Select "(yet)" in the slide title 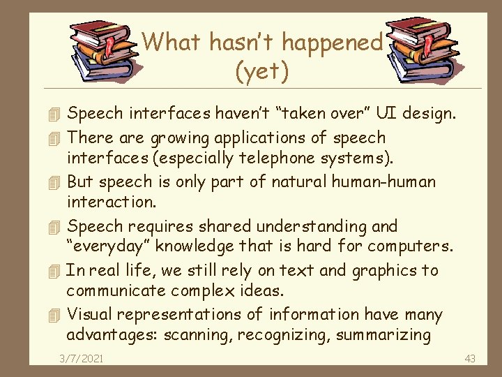pos(263,71)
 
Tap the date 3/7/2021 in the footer pos(82,358)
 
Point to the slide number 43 pos(469,358)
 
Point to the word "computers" pos(410,246)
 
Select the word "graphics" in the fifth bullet pos(385,271)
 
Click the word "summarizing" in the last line pos(383,334)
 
